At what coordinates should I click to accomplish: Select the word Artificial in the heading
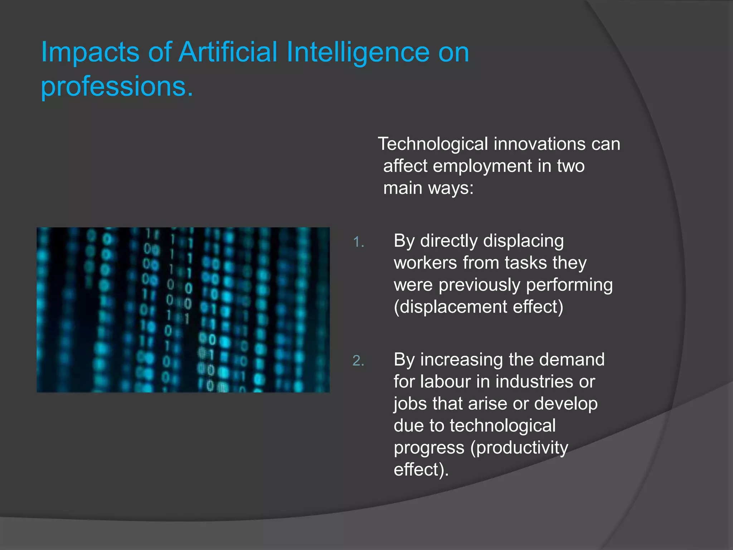[228, 52]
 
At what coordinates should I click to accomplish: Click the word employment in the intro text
[482, 166]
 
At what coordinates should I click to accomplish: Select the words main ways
[428, 188]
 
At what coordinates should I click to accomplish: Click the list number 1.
[358, 243]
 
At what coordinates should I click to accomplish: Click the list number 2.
[358, 361]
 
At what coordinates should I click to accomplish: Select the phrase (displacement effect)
[479, 307]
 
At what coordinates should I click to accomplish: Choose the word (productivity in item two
[519, 448]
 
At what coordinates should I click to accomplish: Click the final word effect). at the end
[421, 470]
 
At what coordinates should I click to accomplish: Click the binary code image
[183, 310]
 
